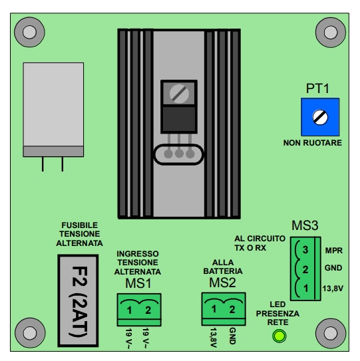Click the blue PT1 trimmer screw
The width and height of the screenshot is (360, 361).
click(x=320, y=118)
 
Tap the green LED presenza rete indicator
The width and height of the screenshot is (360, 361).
click(x=279, y=336)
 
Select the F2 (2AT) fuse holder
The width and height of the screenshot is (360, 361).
click(x=78, y=301)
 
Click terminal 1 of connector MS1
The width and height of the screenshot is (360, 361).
click(x=130, y=310)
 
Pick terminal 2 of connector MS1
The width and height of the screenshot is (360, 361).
click(x=148, y=310)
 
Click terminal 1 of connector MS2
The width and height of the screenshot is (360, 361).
click(x=214, y=308)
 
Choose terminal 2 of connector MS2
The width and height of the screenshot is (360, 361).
click(x=232, y=308)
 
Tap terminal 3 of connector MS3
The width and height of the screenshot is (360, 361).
click(x=305, y=250)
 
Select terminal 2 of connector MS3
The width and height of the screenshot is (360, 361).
click(x=305, y=269)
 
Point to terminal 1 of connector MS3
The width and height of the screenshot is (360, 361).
click(x=305, y=289)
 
